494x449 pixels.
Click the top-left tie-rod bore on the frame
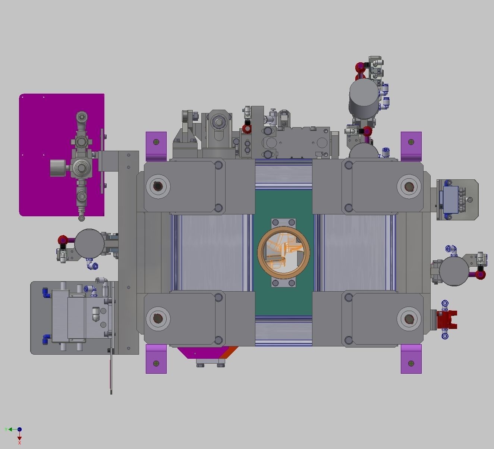click(158, 186)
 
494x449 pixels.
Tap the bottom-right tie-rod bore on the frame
click(409, 319)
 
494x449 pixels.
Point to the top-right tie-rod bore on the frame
click(409, 186)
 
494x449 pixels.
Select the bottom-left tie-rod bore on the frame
click(158, 318)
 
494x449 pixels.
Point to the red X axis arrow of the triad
click(19, 438)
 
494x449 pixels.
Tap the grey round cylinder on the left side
click(89, 243)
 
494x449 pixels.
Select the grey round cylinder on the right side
click(454, 270)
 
